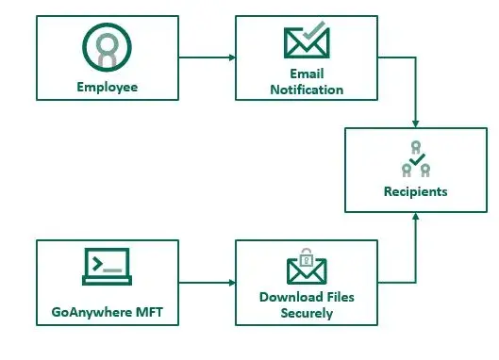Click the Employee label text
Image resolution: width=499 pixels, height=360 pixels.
pos(108,87)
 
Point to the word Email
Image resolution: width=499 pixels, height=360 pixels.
pos(307,74)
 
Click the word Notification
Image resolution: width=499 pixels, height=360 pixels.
pos(307,90)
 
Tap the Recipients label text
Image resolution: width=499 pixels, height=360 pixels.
pos(416,191)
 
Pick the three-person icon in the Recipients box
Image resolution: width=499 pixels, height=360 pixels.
pos(416,160)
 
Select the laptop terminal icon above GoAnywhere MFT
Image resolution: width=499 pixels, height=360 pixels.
pos(106,267)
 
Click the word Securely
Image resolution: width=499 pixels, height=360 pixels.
pos(307,313)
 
